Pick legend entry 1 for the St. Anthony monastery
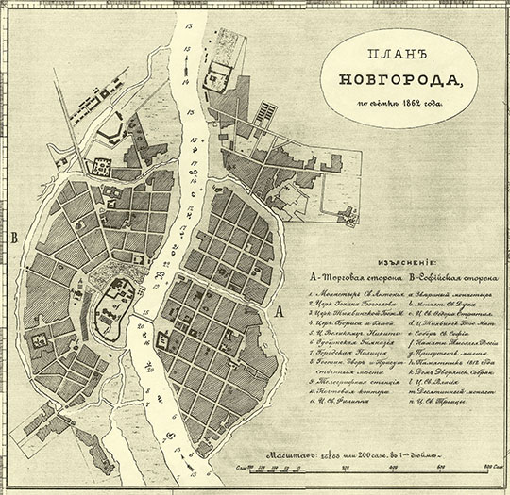point(356,295)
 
